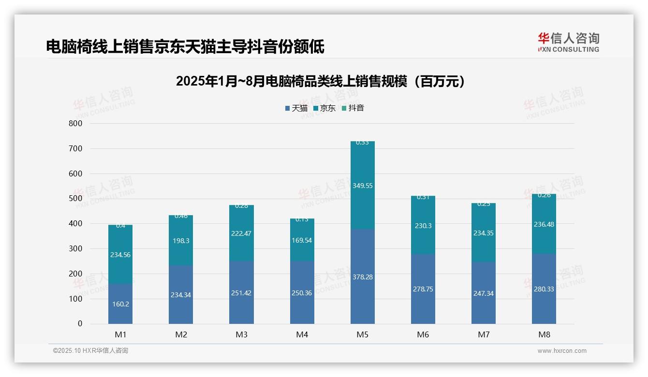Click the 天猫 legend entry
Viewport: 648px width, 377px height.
296,108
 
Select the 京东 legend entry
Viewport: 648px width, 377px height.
324,108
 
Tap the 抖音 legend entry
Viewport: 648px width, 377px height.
353,108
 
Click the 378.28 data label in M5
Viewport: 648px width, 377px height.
363,277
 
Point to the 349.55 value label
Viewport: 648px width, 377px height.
363,186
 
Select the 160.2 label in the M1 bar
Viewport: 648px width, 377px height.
120,304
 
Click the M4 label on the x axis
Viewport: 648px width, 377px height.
302,334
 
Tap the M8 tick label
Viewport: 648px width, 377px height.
544,334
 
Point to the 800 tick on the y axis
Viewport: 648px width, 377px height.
76,123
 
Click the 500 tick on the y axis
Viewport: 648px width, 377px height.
76,199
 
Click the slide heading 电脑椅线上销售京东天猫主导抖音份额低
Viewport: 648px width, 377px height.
185,46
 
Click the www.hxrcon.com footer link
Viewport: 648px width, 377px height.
562,351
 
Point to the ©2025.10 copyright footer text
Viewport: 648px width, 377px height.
90,351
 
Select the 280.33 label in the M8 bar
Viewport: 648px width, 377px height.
544,289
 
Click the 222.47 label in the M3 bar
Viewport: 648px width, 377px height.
241,233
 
